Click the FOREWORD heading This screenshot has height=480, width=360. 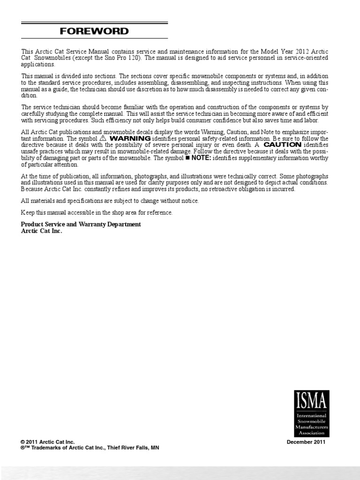(x=94, y=31)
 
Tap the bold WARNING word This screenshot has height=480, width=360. (x=130, y=139)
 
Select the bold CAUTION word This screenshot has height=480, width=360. (x=282, y=145)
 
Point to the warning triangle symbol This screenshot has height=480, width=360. (x=103, y=139)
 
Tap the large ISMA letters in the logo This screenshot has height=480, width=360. (x=312, y=401)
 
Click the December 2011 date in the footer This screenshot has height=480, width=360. (x=306, y=442)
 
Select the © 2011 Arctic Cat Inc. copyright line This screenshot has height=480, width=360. (x=48, y=442)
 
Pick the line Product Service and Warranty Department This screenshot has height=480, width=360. (x=81, y=225)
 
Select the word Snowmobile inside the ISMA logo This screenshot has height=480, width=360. (x=312, y=422)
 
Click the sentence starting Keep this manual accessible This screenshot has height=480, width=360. (x=97, y=213)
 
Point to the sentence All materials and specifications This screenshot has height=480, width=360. (x=110, y=201)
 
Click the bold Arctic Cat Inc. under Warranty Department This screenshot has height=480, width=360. (x=41, y=231)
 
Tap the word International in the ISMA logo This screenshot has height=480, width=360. (x=312, y=416)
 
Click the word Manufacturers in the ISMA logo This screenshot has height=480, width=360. (x=312, y=427)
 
